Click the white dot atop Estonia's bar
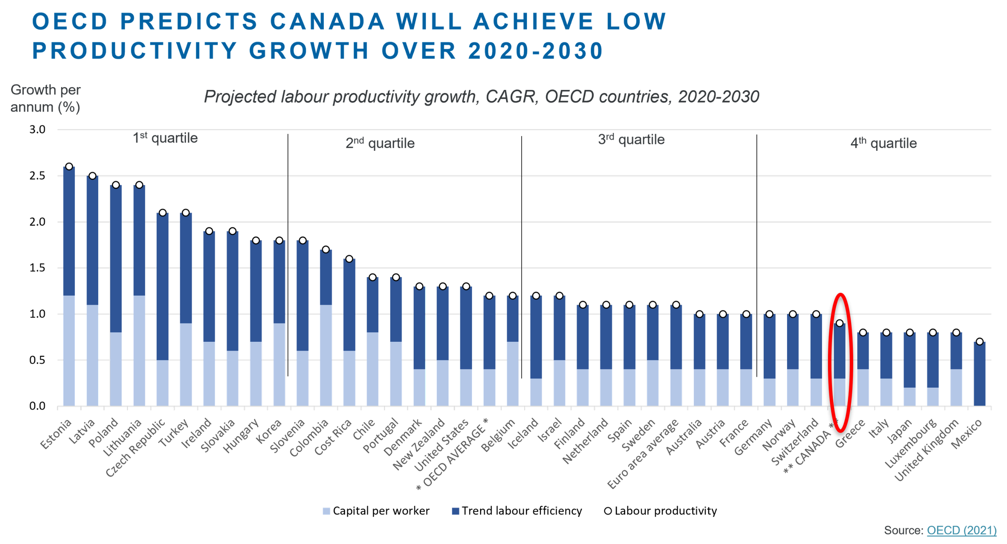point(69,166)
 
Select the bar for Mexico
point(980,374)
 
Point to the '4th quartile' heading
point(883,143)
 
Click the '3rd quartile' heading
point(631,139)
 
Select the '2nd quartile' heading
point(380,143)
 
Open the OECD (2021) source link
point(961,530)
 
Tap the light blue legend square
point(327,511)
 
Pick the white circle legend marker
point(608,511)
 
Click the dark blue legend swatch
point(456,518)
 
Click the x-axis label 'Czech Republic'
point(135,448)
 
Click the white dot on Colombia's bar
point(326,250)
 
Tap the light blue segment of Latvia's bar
point(93,355)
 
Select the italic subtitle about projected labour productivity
point(481,97)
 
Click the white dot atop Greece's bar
point(863,333)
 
